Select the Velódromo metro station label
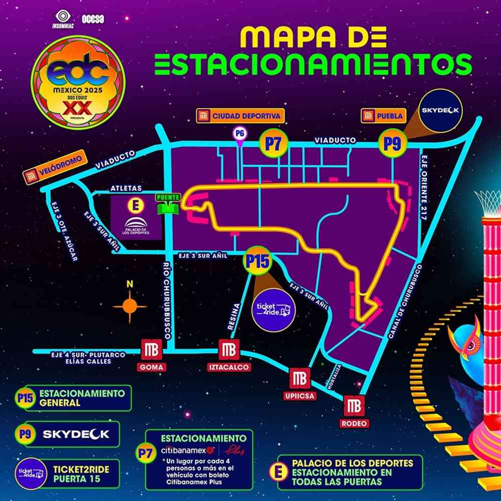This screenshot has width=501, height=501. (x=55, y=170)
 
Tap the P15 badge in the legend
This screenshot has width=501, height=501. (x=25, y=398)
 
